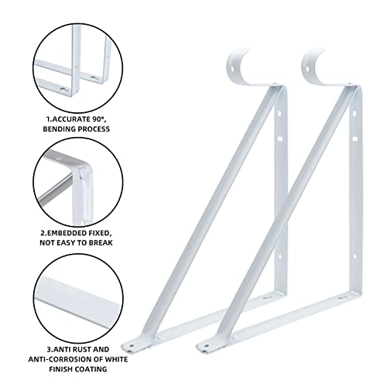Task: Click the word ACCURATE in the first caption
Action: (70, 119)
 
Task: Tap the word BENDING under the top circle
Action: (58, 129)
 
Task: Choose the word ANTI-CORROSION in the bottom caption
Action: (60, 359)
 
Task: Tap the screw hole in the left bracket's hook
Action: (233, 69)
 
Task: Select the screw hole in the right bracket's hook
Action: (307, 69)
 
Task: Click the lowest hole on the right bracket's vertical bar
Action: (354, 257)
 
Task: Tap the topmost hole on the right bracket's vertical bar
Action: (354, 114)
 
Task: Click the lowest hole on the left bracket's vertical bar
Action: (279, 257)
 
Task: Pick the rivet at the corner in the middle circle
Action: (83, 173)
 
